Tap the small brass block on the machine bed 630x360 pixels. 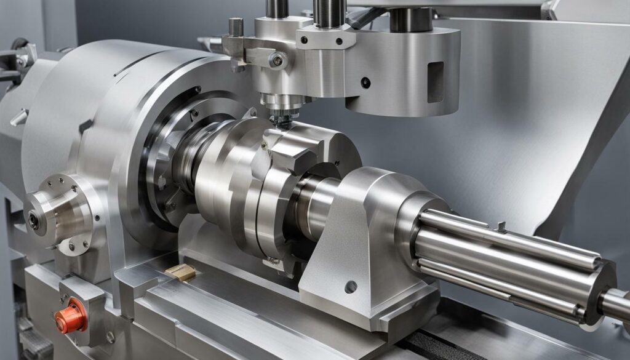tap(180, 272)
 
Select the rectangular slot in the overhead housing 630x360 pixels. tap(436, 82)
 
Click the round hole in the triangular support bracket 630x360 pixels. tap(351, 287)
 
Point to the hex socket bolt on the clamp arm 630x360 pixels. tap(278, 60)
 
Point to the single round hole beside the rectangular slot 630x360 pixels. tap(366, 82)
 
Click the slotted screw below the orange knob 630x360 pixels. tap(110, 337)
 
